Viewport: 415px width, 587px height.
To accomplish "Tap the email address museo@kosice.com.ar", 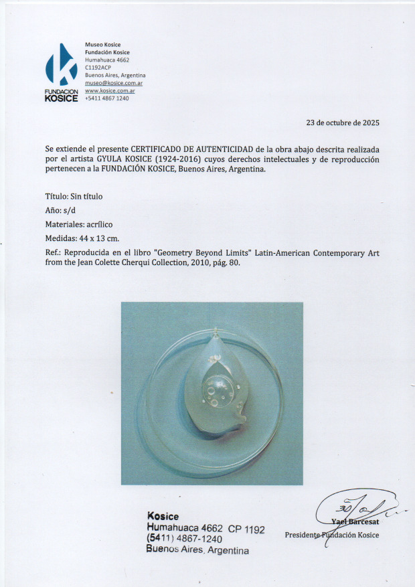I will click(x=114, y=83).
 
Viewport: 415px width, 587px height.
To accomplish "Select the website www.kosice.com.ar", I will click(x=110, y=90).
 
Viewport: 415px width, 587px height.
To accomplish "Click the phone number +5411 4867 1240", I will click(x=107, y=98).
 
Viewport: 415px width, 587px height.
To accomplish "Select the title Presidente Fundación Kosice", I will click(x=331, y=535).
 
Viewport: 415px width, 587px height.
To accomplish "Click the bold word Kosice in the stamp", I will click(x=163, y=517).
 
